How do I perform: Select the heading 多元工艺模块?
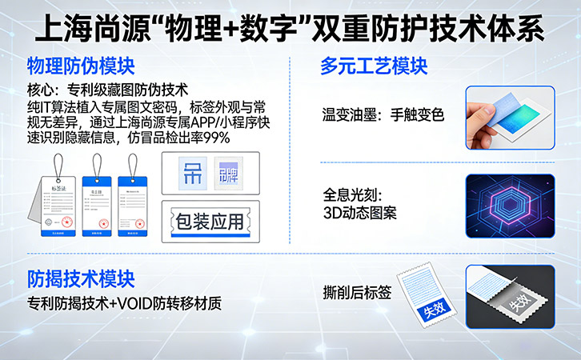click(373, 65)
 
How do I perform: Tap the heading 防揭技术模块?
click(81, 279)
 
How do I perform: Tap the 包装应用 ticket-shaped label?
click(208, 221)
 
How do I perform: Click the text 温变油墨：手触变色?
click(381, 114)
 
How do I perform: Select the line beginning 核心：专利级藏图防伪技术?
click(107, 90)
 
